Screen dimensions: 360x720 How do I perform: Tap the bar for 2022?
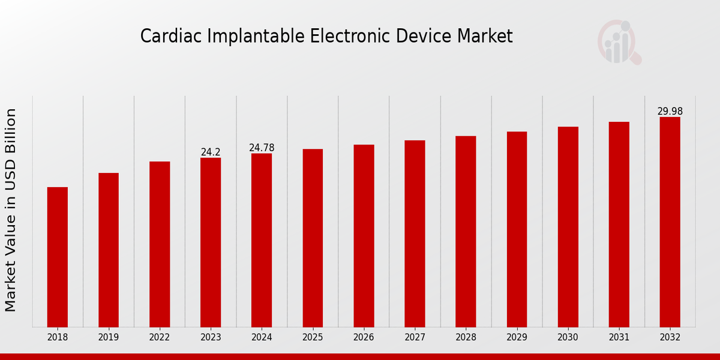click(160, 244)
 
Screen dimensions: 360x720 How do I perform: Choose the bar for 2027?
click(415, 233)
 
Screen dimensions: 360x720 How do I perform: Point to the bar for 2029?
click(517, 229)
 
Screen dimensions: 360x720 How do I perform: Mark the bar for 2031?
click(619, 224)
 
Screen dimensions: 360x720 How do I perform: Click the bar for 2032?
click(670, 222)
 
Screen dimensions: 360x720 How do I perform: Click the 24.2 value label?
click(211, 152)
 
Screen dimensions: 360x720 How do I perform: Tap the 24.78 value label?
click(262, 148)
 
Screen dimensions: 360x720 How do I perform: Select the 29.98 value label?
click(670, 112)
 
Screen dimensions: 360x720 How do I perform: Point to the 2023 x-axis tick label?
click(211, 338)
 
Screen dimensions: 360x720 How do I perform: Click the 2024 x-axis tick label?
click(262, 338)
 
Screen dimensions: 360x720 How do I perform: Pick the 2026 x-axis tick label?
click(364, 338)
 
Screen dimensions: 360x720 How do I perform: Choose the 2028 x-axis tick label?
click(466, 338)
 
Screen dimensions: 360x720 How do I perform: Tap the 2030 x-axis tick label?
click(568, 338)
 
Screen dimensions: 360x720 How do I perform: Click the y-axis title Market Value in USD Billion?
click(11, 210)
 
